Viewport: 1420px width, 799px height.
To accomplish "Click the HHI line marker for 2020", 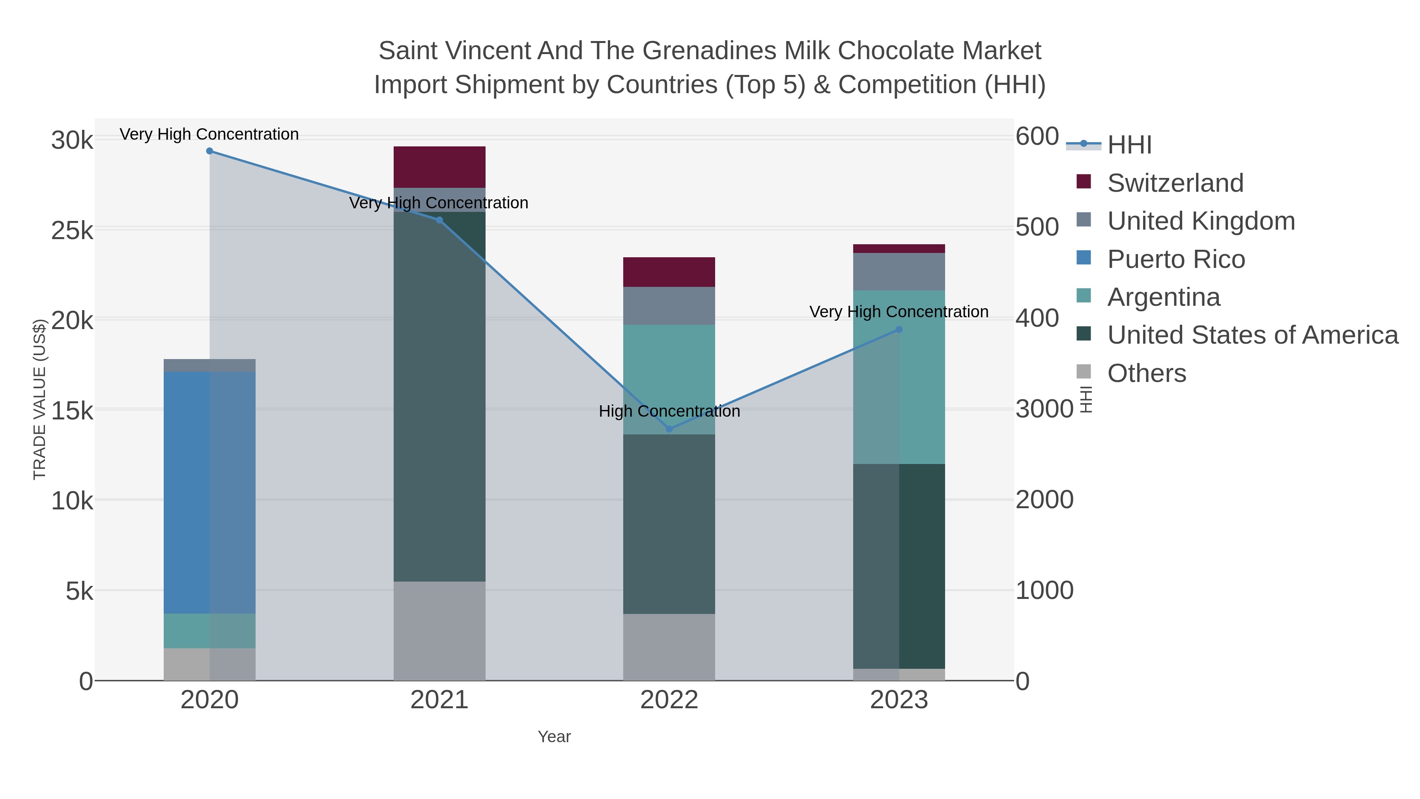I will (209, 151).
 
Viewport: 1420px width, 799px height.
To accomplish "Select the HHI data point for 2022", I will (669, 429).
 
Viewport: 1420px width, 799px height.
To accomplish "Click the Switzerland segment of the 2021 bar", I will (439, 167).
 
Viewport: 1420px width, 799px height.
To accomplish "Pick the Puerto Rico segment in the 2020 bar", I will (209, 492).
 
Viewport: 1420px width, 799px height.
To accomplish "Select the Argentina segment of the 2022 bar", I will (669, 379).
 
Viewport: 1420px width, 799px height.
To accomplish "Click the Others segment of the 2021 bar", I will (439, 631).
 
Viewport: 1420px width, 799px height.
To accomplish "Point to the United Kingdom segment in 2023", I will (899, 272).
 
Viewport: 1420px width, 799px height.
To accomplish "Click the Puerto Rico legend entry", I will (1176, 259).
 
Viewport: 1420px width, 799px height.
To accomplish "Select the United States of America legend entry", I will (1252, 335).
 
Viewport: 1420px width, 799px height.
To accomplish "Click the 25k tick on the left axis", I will (72, 230).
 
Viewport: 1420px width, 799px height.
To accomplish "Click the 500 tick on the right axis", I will (1037, 227).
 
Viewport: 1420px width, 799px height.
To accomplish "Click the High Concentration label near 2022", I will (669, 412).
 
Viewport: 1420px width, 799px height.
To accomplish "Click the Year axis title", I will (554, 737).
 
